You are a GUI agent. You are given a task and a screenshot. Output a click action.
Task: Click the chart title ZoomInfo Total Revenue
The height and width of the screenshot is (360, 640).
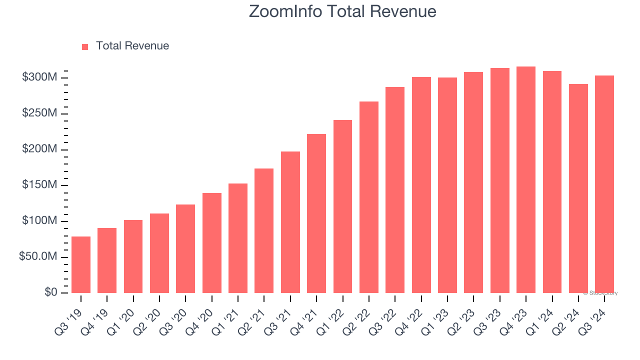pyautogui.click(x=342, y=11)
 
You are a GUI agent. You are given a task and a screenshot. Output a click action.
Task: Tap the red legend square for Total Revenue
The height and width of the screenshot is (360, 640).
pyautogui.click(x=85, y=46)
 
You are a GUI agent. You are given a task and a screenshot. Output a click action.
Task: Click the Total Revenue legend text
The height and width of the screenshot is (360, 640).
pyautogui.click(x=132, y=46)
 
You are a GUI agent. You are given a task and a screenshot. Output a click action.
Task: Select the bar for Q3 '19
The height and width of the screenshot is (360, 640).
pyautogui.click(x=81, y=264)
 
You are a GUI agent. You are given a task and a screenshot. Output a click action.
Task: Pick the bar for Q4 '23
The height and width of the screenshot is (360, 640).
pyautogui.click(x=526, y=179)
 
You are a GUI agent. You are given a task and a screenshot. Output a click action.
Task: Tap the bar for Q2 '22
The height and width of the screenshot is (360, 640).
pyautogui.click(x=369, y=197)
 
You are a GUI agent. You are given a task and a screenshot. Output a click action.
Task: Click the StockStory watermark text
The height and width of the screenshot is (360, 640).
pyautogui.click(x=600, y=293)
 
